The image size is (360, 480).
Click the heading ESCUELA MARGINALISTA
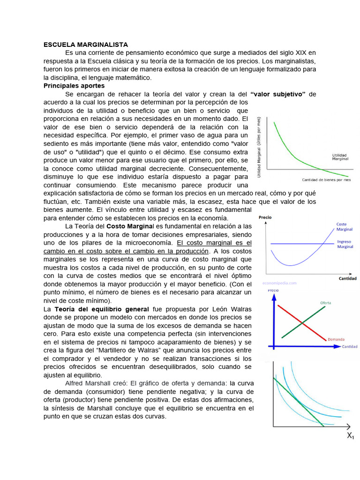[86, 45]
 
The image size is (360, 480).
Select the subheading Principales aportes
[74, 86]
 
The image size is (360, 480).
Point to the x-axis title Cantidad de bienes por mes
[326, 180]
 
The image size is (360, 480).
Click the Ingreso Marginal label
[345, 244]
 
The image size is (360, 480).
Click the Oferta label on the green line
[325, 303]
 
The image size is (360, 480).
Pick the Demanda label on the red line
[337, 338]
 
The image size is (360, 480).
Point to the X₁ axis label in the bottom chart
[350, 436]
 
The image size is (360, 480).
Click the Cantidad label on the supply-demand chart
[350, 347]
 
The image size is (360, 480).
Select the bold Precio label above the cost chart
[265, 217]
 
